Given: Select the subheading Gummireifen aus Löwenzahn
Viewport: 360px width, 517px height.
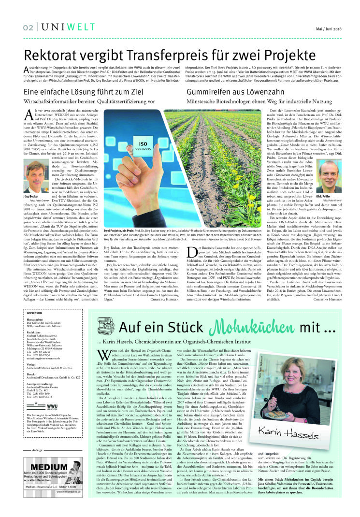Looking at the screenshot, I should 224,90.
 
